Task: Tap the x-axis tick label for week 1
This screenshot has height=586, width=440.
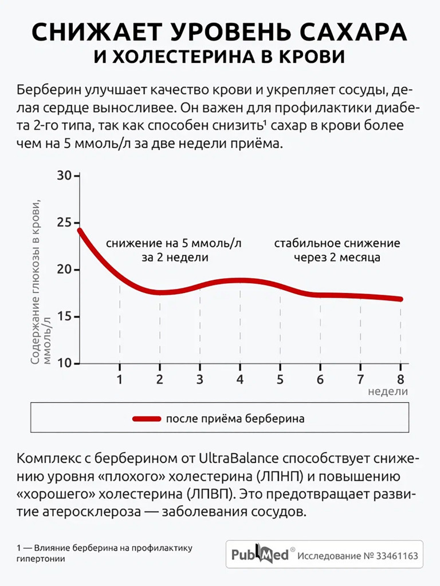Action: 119,379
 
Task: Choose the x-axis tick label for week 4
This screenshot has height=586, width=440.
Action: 239,379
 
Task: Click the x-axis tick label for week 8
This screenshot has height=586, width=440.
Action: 400,379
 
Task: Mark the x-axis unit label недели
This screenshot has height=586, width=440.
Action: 388,391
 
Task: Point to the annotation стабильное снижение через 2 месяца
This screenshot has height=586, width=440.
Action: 337,250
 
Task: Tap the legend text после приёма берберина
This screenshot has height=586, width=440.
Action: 235,418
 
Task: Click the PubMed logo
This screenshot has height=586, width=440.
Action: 260,555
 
